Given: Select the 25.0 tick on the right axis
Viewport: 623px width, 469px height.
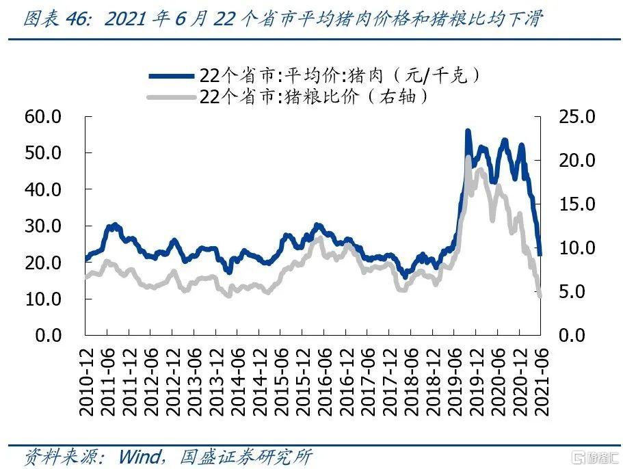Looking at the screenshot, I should [579, 117].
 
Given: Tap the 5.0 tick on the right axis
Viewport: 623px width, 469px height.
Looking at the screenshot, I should [583, 292].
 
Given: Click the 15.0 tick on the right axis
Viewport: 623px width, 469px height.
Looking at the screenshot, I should [579, 204].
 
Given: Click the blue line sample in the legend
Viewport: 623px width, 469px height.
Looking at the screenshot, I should [170, 75].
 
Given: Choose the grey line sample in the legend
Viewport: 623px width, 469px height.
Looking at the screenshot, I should [170, 97].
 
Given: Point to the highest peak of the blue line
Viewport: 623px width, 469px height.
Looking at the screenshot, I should [468, 131].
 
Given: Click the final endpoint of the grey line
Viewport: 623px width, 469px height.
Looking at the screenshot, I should [540, 295].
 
